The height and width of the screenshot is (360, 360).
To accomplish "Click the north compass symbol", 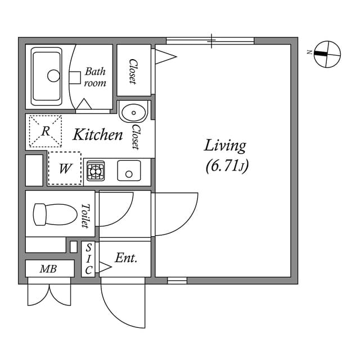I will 327,54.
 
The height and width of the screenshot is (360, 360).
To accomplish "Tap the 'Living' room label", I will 225,146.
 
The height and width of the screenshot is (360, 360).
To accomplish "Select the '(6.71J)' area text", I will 227,166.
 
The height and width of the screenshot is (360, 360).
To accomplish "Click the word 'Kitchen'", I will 98,135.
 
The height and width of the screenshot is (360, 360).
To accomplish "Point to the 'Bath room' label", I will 95,77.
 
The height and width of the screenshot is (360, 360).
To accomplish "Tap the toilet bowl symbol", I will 55,214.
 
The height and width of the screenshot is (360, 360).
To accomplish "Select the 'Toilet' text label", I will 86,215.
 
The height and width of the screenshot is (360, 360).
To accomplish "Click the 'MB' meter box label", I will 48,269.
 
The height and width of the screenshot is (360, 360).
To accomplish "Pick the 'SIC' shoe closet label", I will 89,259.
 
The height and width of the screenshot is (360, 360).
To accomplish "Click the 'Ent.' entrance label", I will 126,258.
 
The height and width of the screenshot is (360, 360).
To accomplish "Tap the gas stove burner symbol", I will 95,171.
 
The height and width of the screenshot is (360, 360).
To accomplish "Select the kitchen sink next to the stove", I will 129,170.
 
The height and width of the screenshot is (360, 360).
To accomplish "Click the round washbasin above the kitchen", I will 133,111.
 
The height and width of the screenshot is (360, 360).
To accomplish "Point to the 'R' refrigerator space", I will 45,131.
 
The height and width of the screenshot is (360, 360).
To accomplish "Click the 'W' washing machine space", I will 64,168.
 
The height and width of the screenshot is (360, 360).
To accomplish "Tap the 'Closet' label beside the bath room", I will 133,71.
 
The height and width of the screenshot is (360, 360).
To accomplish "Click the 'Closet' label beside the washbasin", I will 136,137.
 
